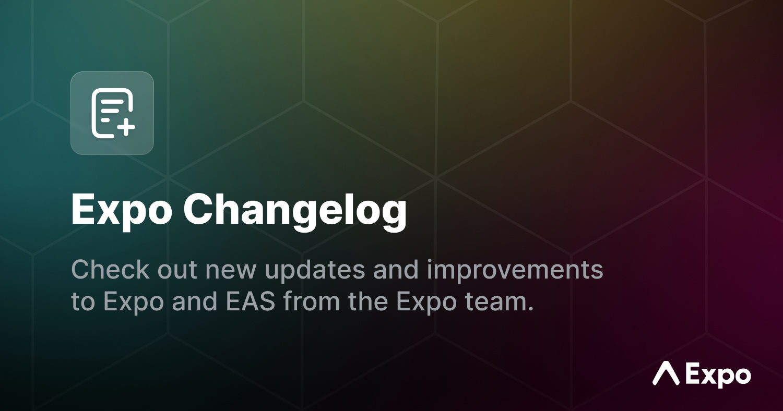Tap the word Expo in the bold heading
pos(122,211)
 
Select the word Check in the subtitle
pos(111,270)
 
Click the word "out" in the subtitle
pos(177,271)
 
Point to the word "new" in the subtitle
pos(231,272)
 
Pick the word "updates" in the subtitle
pos(315,271)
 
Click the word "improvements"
pos(515,271)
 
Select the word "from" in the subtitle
pos(312,301)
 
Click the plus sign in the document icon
pos(126,127)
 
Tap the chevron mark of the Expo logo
pos(666,372)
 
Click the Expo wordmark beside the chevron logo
pos(718,376)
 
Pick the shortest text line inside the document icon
pos(105,120)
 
